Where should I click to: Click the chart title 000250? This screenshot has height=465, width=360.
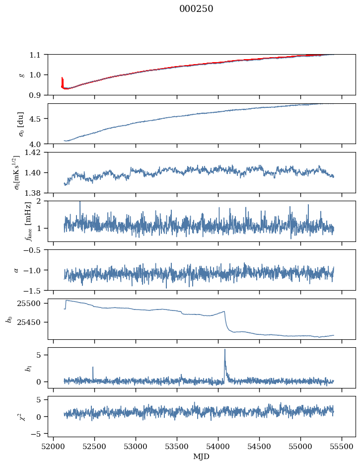click(196, 9)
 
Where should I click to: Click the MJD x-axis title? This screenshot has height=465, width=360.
click(202, 456)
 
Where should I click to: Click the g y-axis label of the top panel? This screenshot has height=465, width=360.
click(21, 75)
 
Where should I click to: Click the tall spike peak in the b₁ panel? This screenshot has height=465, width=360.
click(225, 350)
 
